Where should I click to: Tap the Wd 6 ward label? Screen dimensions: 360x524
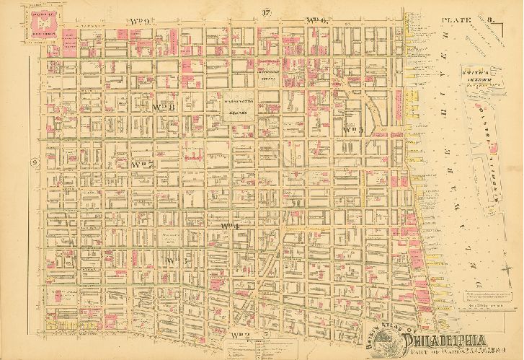point(316,20)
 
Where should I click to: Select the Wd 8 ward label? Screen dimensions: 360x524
point(165,107)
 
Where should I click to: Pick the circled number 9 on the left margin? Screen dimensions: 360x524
point(35,163)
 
